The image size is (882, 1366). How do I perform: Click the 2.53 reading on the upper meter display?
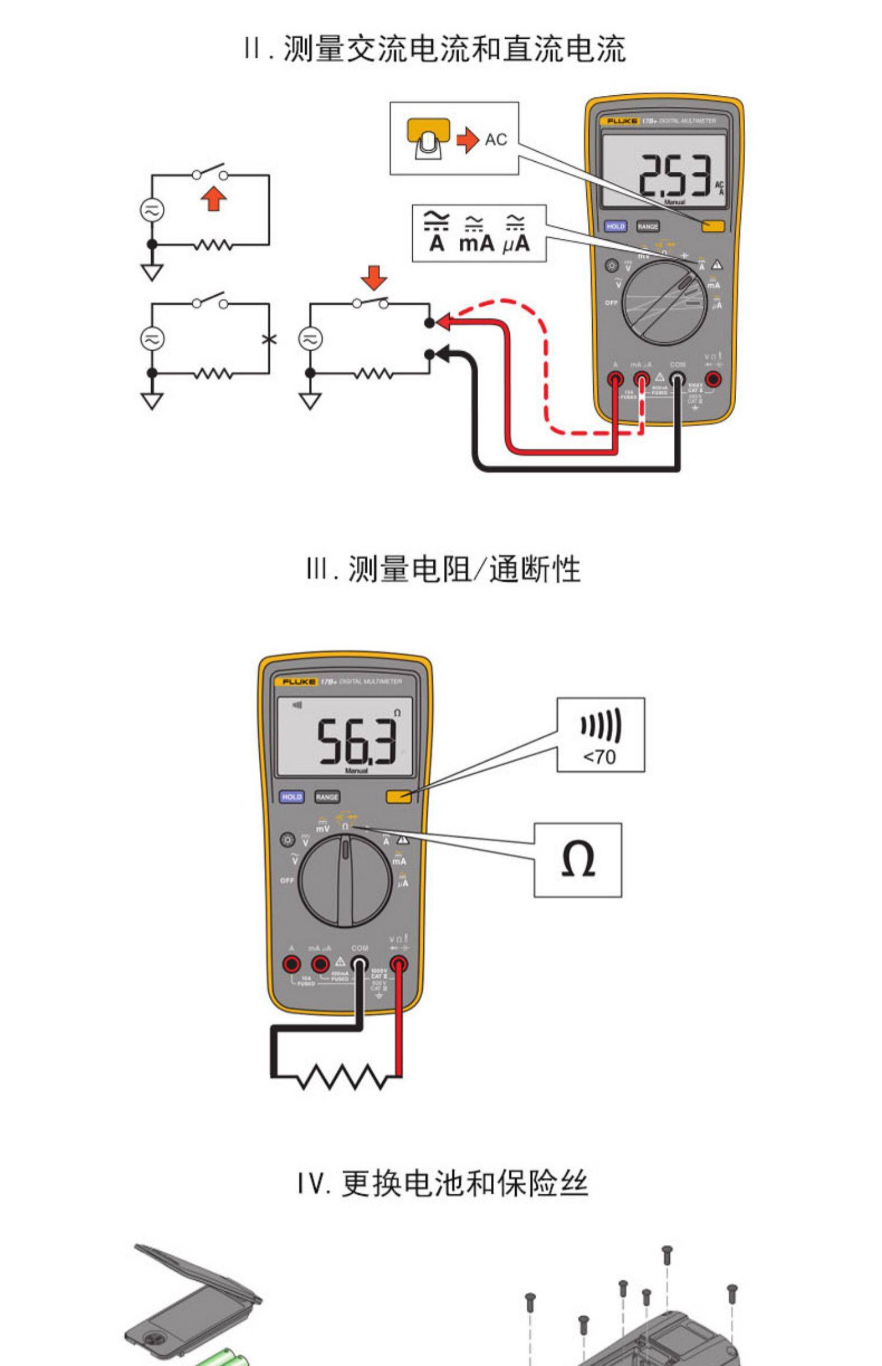(674, 175)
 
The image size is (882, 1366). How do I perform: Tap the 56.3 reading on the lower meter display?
(356, 741)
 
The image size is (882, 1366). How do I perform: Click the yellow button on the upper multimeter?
(713, 226)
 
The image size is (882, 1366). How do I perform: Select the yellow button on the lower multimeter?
(398, 797)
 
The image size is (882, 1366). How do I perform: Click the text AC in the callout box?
(496, 140)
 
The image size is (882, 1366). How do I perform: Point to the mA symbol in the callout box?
(476, 235)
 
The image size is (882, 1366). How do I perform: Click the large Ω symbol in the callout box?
(577, 859)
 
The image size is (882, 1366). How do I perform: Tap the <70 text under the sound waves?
(599, 757)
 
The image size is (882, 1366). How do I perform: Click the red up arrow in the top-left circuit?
(213, 199)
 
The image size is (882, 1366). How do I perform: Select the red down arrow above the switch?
(374, 277)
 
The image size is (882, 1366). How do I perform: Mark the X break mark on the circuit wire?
(269, 339)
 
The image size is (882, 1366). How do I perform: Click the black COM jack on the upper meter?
(677, 379)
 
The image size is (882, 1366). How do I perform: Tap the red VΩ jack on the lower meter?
(399, 964)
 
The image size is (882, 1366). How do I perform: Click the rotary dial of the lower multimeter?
(345, 881)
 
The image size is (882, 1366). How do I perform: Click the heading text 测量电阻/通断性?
(444, 569)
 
